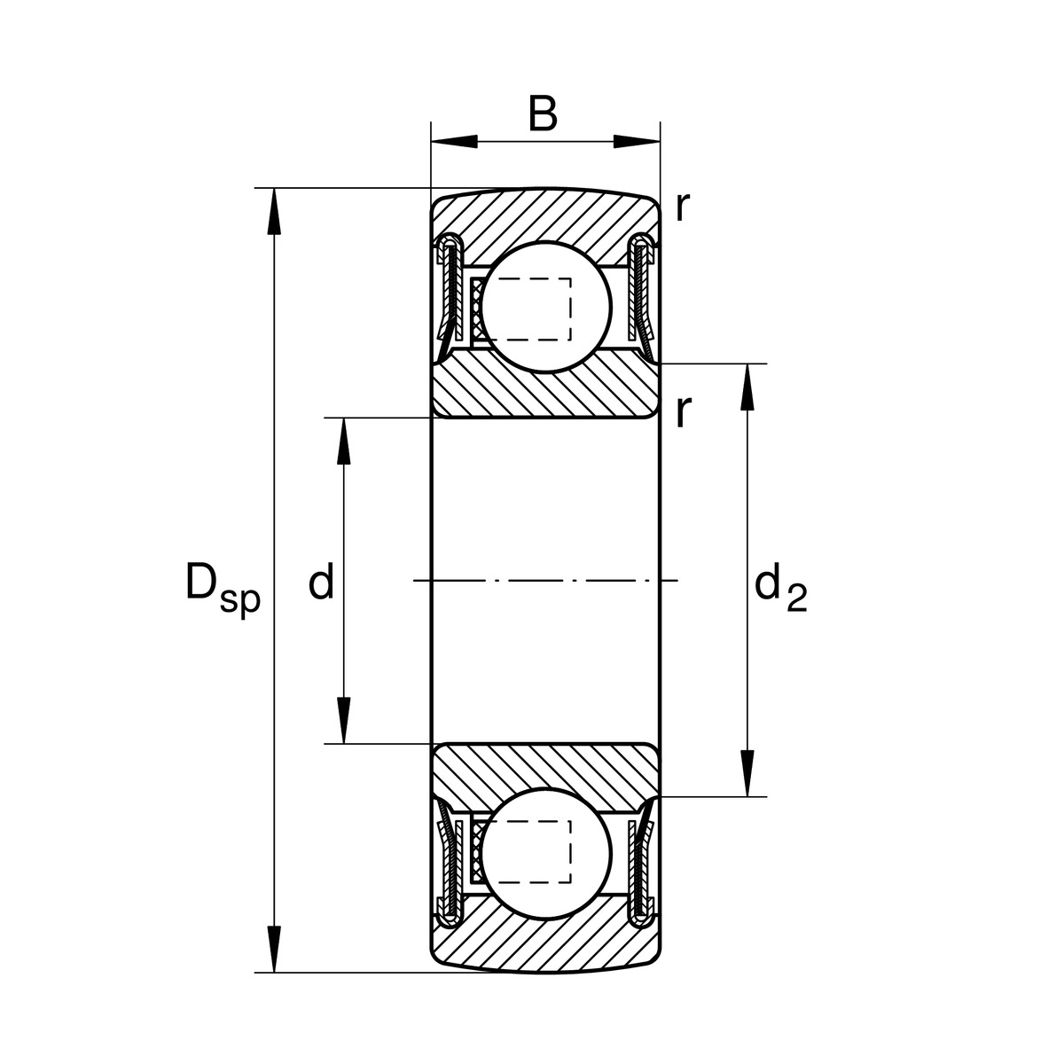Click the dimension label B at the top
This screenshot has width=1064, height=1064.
coord(543,114)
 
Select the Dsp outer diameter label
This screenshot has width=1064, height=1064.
coord(222,588)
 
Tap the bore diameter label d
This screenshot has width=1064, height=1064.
coord(320,583)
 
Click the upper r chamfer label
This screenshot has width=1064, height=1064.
coord(681,207)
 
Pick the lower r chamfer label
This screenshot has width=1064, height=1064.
coord(681,412)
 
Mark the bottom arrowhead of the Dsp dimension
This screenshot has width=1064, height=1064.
coord(274,949)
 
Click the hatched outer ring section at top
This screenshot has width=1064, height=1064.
coord(545,217)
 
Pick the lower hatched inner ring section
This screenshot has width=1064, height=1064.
coord(545,767)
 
